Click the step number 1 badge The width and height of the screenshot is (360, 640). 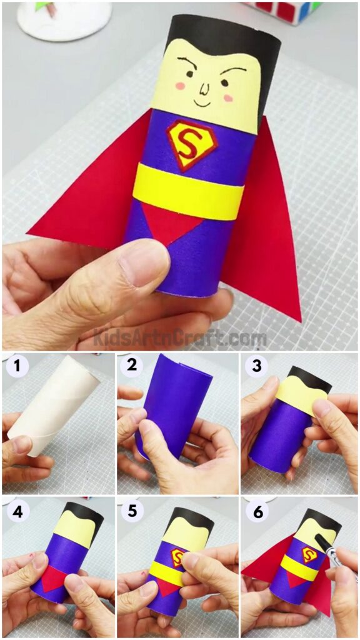pos(15,366)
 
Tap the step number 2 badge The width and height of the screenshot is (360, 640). pos(132,366)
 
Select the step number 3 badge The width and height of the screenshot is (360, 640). pos(256,366)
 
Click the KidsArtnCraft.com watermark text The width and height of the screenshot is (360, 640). pos(180,338)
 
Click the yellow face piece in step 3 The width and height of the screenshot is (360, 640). pos(299,400)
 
